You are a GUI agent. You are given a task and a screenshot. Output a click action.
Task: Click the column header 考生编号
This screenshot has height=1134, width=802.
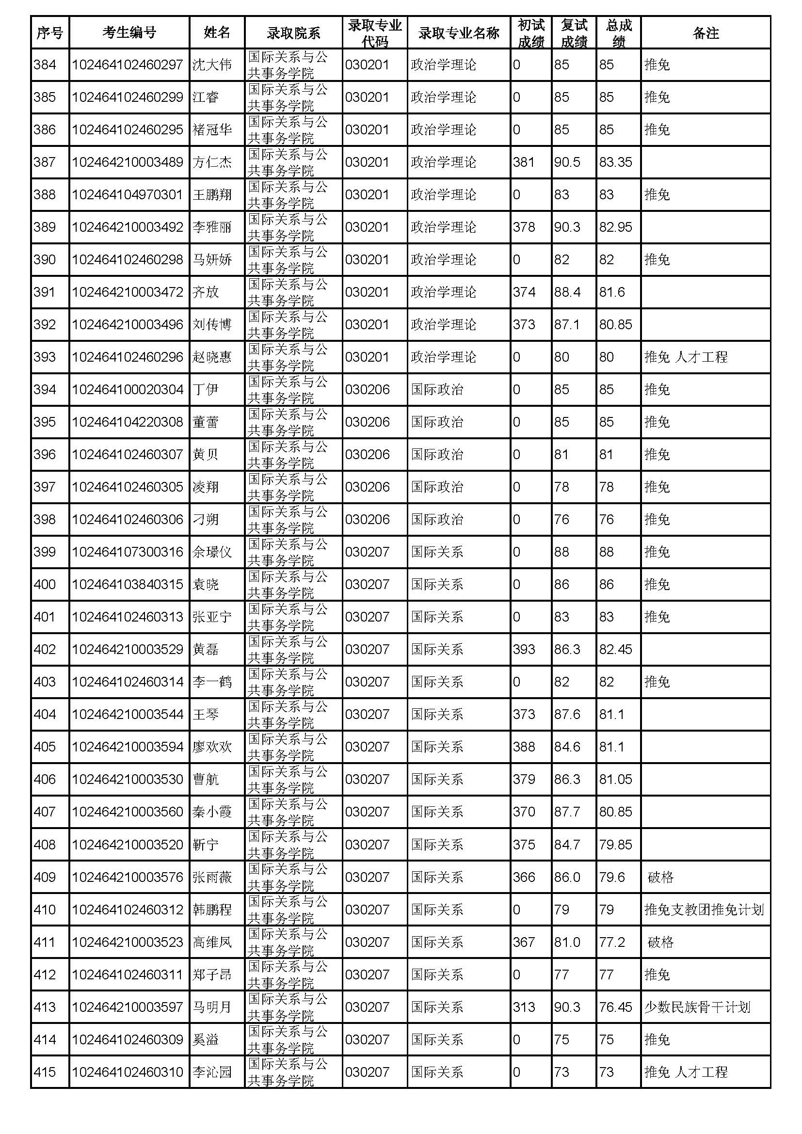click(129, 32)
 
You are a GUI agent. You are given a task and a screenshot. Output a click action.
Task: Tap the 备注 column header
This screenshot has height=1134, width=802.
click(705, 32)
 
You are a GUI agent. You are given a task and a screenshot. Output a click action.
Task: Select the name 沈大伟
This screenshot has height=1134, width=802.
click(212, 64)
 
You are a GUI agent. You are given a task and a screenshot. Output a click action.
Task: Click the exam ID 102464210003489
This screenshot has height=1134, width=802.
click(128, 162)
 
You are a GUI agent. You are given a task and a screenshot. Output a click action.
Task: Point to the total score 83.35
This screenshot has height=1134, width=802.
click(615, 162)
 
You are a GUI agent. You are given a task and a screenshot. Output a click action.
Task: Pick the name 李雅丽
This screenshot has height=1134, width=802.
click(212, 227)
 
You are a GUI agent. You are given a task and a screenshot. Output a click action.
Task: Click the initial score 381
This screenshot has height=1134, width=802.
click(524, 162)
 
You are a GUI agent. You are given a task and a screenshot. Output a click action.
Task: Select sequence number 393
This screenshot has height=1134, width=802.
click(45, 357)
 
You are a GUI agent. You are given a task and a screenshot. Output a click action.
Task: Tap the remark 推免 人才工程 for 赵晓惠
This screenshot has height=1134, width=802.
click(686, 357)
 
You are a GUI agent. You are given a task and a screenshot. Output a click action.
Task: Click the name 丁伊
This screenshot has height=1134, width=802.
click(206, 390)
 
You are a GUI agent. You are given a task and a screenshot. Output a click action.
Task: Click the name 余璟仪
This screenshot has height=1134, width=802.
click(212, 552)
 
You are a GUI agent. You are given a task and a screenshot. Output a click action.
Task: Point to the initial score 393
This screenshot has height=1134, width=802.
click(524, 649)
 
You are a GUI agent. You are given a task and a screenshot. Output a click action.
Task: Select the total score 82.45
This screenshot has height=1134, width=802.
click(615, 649)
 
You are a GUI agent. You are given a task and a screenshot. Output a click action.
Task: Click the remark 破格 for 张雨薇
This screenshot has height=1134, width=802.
click(661, 877)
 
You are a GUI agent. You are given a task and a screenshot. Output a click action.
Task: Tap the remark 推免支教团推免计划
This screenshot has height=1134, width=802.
click(704, 910)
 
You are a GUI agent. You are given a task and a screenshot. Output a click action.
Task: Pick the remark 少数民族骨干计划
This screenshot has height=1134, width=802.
click(697, 1007)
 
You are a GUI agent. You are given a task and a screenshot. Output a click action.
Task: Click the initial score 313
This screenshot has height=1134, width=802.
click(524, 1007)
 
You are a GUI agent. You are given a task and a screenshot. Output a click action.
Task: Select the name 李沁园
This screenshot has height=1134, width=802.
click(212, 1072)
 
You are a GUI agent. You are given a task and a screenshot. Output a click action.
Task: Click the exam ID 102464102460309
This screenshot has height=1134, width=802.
click(128, 1039)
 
